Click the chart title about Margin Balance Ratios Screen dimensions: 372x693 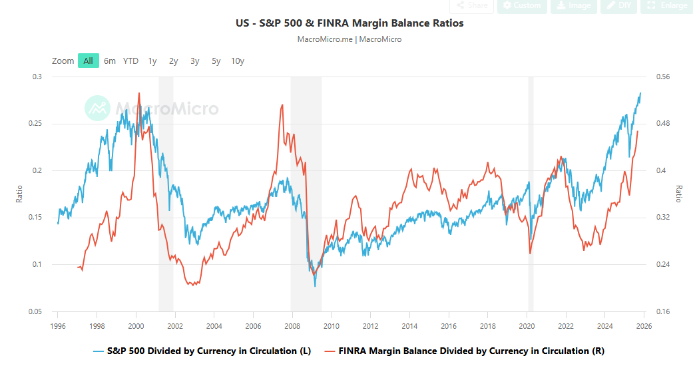pyautogui.click(x=349, y=23)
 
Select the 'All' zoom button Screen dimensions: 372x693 pyautogui.click(x=88, y=61)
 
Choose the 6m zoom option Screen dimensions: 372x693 pyautogui.click(x=110, y=61)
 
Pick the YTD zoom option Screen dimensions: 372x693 pyautogui.click(x=130, y=61)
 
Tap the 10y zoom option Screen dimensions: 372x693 pyautogui.click(x=238, y=61)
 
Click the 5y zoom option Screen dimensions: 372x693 pyautogui.click(x=216, y=61)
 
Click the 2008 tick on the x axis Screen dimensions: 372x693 pyautogui.click(x=292, y=326)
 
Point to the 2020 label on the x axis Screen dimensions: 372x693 pyautogui.click(x=527, y=326)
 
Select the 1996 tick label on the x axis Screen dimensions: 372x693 pyautogui.click(x=58, y=326)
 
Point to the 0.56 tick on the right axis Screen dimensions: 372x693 pyautogui.click(x=663, y=77)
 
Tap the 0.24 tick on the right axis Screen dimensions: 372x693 pyautogui.click(x=663, y=264)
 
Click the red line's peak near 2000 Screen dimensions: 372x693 pyautogui.click(x=139, y=93)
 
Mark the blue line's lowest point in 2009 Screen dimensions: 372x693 pyautogui.click(x=315, y=285)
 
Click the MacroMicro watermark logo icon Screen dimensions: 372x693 pyautogui.click(x=98, y=108)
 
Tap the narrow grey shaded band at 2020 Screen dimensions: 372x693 pyautogui.click(x=531, y=193)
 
